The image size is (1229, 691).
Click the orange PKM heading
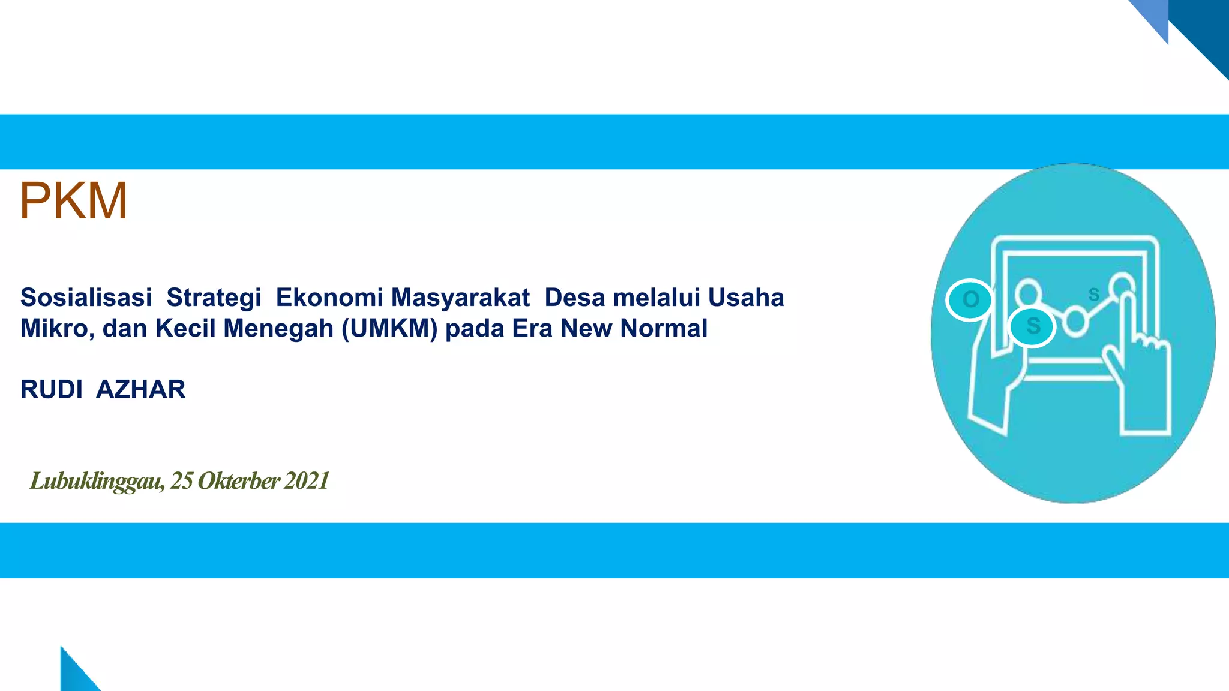click(x=73, y=202)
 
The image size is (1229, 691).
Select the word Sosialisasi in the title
click(x=86, y=298)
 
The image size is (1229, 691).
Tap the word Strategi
click(x=214, y=298)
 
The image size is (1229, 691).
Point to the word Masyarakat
click(x=461, y=298)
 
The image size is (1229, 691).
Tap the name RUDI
click(x=52, y=390)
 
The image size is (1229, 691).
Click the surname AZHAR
click(x=141, y=390)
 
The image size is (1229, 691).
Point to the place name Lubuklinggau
click(x=96, y=481)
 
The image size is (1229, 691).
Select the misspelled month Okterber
click(x=239, y=481)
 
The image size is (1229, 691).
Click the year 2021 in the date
click(x=307, y=481)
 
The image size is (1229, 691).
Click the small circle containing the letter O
click(x=970, y=299)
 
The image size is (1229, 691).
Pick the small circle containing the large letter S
click(x=1032, y=326)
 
